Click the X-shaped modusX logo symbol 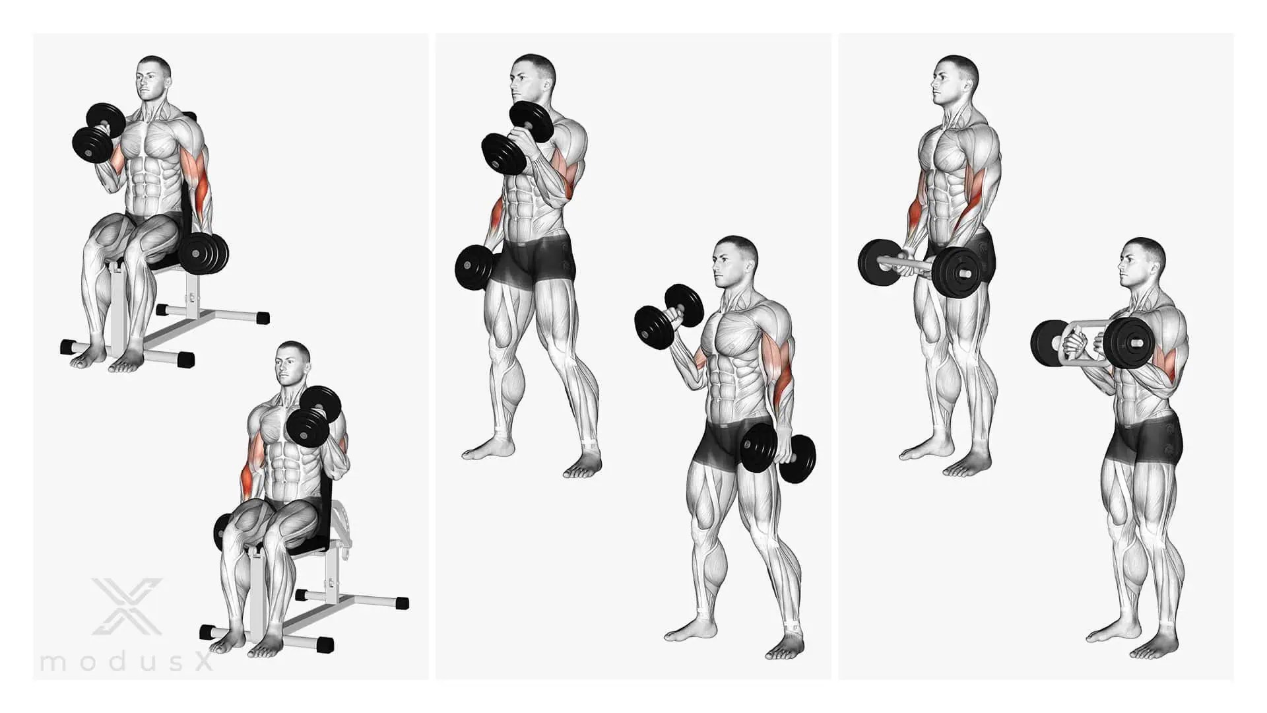pos(127,607)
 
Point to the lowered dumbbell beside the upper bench pos(203,252)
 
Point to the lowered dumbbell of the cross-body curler pos(474,267)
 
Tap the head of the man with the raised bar pos(1140,262)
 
